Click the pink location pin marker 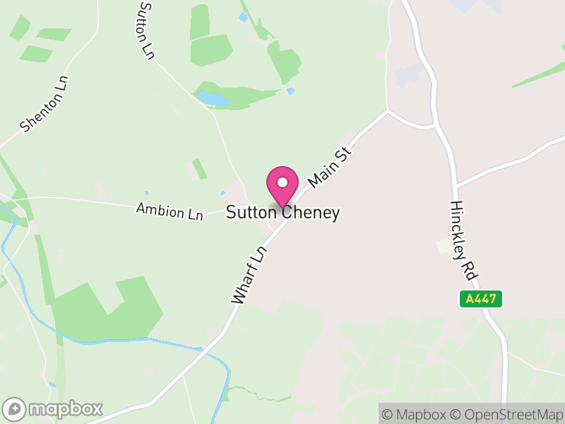click(282, 186)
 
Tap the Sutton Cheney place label click(282, 213)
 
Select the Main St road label click(330, 167)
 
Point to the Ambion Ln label click(169, 211)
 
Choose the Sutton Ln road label click(146, 30)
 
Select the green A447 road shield click(481, 299)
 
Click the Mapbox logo click(53, 408)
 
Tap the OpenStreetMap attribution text click(506, 414)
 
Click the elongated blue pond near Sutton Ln click(213, 98)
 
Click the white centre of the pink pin click(282, 182)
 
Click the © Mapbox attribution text click(416, 414)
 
